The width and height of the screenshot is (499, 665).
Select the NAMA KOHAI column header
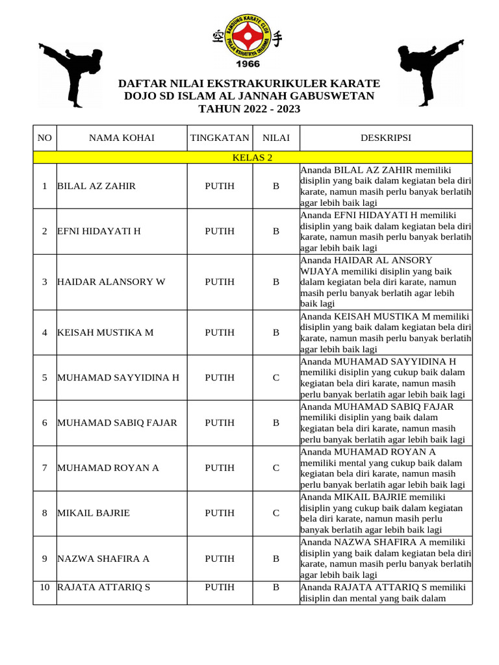[x=122, y=138]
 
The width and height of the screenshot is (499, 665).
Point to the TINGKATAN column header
[x=220, y=138]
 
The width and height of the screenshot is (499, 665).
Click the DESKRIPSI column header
[x=385, y=138]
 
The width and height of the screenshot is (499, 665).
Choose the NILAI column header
[x=275, y=138]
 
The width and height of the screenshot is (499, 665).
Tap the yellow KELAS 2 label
[x=252, y=157]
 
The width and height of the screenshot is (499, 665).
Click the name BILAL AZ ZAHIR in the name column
[x=97, y=186]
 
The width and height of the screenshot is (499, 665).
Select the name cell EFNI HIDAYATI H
[x=99, y=231]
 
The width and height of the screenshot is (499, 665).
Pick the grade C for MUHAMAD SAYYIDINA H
[x=275, y=377]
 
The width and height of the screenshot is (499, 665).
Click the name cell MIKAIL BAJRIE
[x=94, y=513]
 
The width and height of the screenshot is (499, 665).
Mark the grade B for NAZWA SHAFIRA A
[x=275, y=558]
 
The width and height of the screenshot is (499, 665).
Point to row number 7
[x=44, y=468]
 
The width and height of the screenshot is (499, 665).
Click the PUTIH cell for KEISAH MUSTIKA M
[x=220, y=332]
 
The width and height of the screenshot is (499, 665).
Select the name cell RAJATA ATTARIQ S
[x=104, y=588]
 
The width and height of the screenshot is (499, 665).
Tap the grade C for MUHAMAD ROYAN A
[x=275, y=468]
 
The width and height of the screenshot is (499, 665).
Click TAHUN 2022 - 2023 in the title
[x=249, y=108]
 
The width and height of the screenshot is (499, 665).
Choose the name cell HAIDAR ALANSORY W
[x=111, y=282]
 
